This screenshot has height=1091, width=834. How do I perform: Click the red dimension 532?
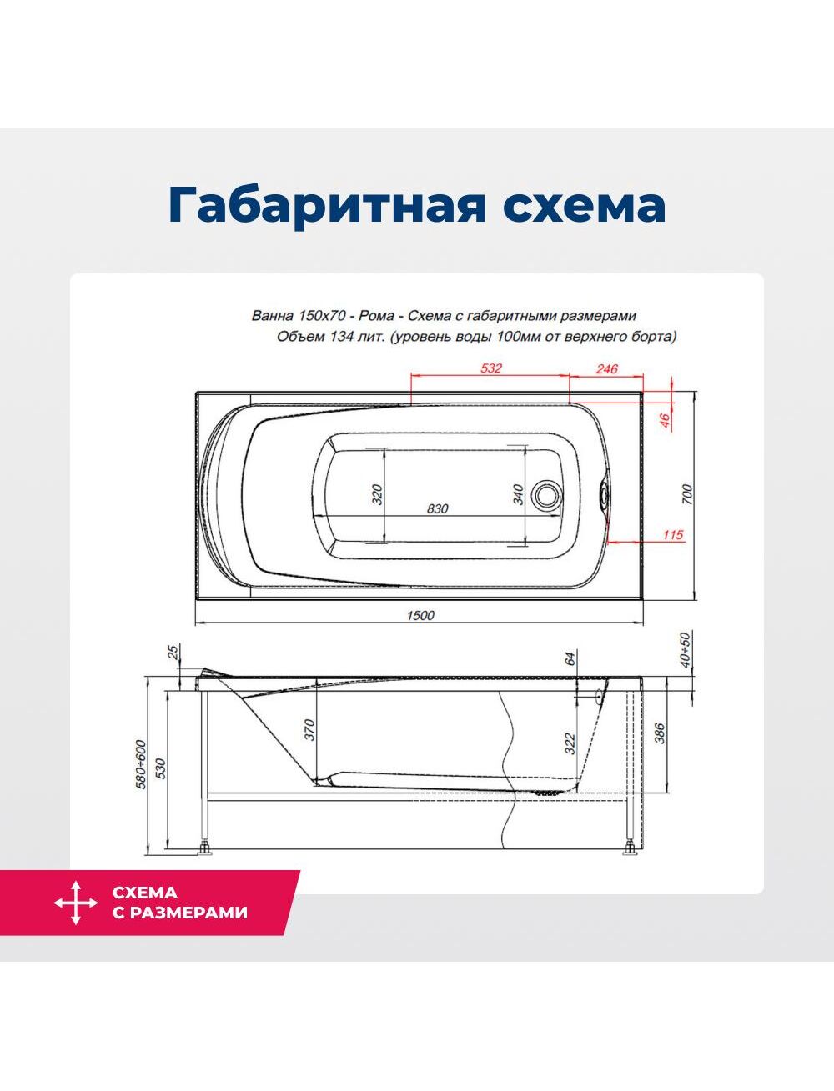click(491, 368)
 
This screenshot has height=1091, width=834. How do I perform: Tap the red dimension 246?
click(606, 368)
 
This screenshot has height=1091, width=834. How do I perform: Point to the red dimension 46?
click(665, 421)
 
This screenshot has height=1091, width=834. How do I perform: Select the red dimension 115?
click(673, 535)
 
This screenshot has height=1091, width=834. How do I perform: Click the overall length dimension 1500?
click(420, 615)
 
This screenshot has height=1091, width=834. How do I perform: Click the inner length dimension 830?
click(438, 508)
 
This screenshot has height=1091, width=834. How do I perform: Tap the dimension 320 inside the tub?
click(378, 494)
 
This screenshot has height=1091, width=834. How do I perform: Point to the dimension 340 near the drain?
click(518, 494)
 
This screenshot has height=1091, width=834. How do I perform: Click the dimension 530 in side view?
click(159, 768)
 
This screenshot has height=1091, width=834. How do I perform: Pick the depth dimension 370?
click(309, 729)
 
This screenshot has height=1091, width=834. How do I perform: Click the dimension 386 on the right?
click(660, 733)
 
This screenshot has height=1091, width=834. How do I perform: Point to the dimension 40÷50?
click(686, 649)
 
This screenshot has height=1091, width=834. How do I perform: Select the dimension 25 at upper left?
click(173, 652)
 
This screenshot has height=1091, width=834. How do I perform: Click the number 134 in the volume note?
click(338, 337)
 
